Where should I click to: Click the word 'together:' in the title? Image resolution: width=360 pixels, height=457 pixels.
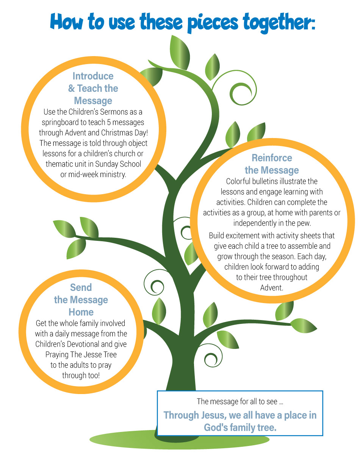pyautogui.click(x=279, y=22)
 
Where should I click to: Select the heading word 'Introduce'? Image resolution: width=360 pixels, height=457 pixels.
pyautogui.click(x=93, y=76)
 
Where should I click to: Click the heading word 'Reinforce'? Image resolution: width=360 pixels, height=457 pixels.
pyautogui.click(x=272, y=158)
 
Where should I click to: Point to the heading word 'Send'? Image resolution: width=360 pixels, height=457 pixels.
pyautogui.click(x=81, y=287)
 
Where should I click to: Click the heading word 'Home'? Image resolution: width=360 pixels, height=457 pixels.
pyautogui.click(x=81, y=312)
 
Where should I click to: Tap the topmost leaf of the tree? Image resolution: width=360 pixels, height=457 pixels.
pyautogui.click(x=180, y=52)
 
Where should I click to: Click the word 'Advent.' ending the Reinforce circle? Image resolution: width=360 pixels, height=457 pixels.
pyautogui.click(x=272, y=288)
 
